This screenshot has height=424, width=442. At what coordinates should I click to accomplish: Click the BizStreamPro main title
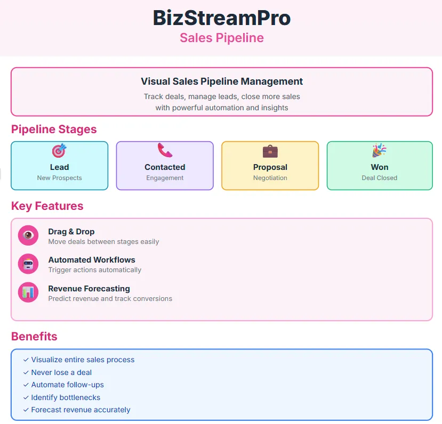click(x=221, y=18)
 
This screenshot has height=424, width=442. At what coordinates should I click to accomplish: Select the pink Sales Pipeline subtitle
click(x=221, y=38)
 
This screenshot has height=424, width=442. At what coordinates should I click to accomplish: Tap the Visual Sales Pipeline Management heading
click(x=221, y=81)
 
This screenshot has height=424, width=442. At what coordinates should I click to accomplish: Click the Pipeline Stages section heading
click(x=54, y=129)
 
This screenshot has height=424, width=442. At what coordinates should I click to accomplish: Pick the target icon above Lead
click(x=59, y=151)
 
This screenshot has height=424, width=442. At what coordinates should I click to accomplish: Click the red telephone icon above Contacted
click(x=165, y=150)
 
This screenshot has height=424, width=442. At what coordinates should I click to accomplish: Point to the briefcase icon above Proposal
click(x=270, y=151)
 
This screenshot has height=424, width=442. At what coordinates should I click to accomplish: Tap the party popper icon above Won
click(x=379, y=151)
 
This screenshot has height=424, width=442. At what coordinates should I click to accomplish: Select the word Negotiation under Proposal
click(x=270, y=178)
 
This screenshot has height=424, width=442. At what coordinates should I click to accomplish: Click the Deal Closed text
click(x=379, y=178)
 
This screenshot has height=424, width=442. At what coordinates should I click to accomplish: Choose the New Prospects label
click(x=59, y=178)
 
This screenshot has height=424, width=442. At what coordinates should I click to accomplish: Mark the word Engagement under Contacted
click(x=165, y=178)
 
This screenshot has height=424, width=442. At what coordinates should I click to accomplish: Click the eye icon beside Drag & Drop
click(x=28, y=235)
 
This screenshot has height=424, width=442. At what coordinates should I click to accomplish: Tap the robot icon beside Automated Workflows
click(x=28, y=264)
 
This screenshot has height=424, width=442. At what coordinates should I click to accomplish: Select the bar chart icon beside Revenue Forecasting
click(x=28, y=292)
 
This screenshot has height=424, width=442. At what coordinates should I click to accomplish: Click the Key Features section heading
click(x=47, y=206)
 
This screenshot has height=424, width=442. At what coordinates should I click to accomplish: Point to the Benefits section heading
click(x=34, y=337)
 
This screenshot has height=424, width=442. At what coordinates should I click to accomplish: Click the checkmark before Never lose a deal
click(x=26, y=372)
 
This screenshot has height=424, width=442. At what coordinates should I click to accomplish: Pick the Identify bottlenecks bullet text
click(x=66, y=397)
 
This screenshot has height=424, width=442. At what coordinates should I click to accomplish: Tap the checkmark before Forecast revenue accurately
click(x=26, y=410)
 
